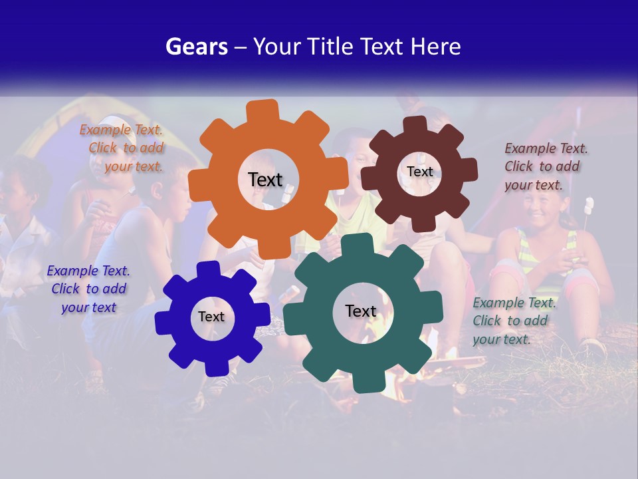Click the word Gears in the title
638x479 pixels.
[x=196, y=47]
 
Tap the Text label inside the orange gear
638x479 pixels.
[x=265, y=180]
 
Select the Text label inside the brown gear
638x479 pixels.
[x=419, y=172]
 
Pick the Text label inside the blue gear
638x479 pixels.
[x=211, y=317]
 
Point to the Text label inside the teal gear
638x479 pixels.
[x=361, y=311]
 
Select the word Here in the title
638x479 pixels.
[x=436, y=47]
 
